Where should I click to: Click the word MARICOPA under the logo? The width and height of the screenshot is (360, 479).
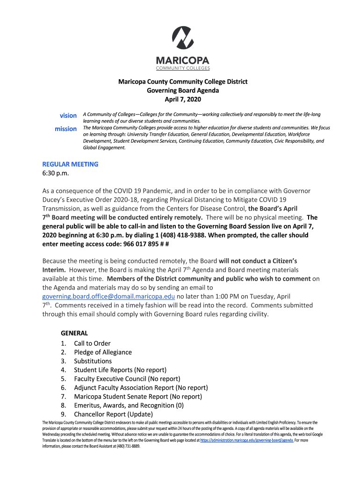(x=182, y=61)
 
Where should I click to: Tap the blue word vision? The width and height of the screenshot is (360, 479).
(x=68, y=116)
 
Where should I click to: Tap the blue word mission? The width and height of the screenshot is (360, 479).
(x=65, y=129)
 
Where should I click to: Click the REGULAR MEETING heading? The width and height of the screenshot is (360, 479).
(x=70, y=164)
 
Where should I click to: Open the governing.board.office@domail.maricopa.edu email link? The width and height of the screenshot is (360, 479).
(x=108, y=297)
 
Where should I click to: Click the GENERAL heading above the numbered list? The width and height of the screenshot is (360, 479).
(x=74, y=333)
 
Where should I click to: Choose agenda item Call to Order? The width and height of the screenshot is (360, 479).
(x=92, y=343)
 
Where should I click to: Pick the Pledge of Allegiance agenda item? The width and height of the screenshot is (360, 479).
(x=103, y=352)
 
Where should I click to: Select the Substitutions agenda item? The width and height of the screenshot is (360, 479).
(x=93, y=361)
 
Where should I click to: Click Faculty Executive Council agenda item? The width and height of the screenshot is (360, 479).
(x=127, y=379)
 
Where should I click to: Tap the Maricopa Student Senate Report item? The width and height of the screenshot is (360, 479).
(x=138, y=397)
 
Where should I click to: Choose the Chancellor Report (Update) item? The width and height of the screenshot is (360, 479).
(x=113, y=414)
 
